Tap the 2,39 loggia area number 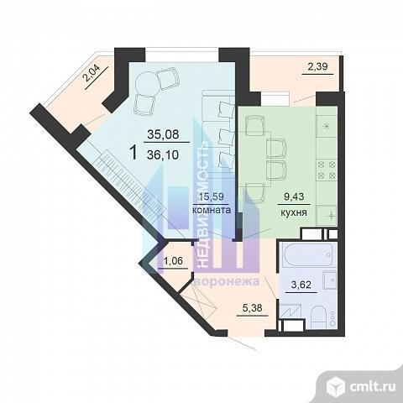click(x=317, y=66)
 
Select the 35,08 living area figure click(x=163, y=134)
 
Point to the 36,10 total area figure click(x=163, y=154)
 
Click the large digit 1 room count click(x=134, y=153)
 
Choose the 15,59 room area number click(x=212, y=196)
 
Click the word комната click(x=212, y=210)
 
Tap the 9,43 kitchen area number click(x=294, y=196)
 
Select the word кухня click(x=294, y=212)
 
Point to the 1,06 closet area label click(x=173, y=261)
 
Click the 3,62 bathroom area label click(x=301, y=285)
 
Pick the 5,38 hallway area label click(x=253, y=308)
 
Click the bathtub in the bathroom click(x=308, y=254)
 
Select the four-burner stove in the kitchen click(x=327, y=170)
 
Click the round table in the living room click(x=148, y=82)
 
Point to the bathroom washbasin click(x=329, y=280)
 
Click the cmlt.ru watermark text click(x=373, y=387)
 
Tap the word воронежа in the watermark click(x=227, y=281)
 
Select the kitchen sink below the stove click(x=327, y=216)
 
